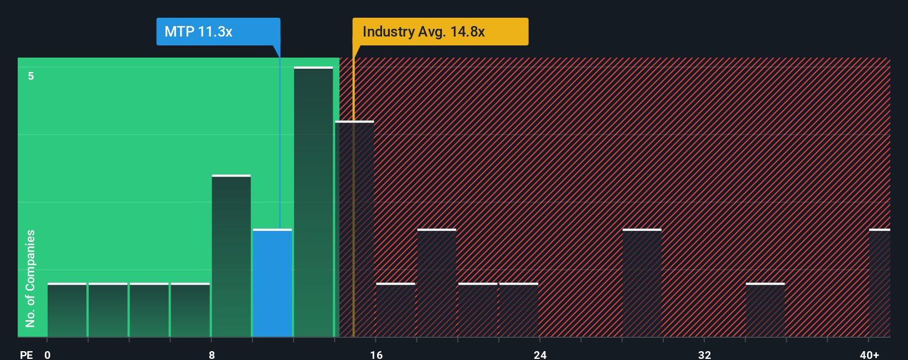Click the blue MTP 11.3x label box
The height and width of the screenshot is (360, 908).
(218, 32)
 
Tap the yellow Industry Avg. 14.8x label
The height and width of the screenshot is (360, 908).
(440, 32)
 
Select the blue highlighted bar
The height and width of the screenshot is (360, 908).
(272, 283)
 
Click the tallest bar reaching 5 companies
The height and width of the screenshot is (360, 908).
(313, 202)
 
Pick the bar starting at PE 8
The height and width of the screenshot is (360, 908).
(231, 256)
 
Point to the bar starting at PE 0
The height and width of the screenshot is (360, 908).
(67, 310)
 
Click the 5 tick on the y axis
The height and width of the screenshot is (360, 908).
(31, 76)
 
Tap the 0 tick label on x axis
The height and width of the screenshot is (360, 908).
(48, 354)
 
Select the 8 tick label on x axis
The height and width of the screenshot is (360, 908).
(211, 354)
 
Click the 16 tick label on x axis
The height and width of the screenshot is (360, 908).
(376, 354)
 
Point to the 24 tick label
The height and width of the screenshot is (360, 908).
(540, 354)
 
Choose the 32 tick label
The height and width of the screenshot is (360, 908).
(704, 354)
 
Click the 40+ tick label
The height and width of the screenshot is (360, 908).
(869, 354)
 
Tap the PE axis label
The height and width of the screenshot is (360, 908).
(26, 354)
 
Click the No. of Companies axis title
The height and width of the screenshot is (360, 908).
(30, 278)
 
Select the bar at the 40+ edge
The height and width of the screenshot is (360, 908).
(879, 283)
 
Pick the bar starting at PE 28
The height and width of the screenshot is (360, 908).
(642, 283)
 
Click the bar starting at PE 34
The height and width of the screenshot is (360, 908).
(765, 310)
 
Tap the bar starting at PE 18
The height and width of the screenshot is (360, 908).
(437, 283)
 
